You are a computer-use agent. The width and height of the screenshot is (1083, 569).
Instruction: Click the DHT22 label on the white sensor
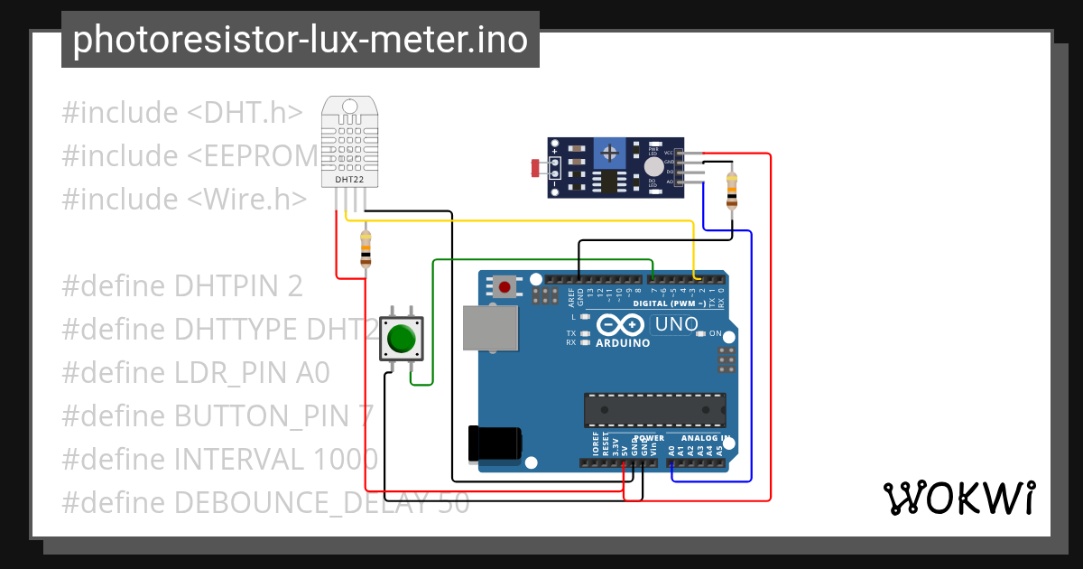(349, 180)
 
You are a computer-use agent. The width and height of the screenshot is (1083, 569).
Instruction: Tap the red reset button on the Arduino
(504, 288)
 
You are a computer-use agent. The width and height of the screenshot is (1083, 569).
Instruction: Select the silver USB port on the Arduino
(490, 327)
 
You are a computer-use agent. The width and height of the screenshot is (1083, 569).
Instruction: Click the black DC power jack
(494, 443)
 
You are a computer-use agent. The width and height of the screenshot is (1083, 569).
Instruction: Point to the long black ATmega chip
(654, 409)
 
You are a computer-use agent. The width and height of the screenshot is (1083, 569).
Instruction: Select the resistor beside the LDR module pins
(731, 190)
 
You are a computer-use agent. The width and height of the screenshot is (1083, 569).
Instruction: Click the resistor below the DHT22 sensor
(366, 248)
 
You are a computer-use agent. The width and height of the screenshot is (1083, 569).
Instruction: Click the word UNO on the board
(676, 324)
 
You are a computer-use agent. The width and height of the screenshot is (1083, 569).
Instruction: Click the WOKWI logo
(958, 498)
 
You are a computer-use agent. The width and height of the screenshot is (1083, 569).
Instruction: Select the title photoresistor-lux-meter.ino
(300, 40)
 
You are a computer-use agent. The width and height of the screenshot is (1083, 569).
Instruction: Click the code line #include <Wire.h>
(184, 199)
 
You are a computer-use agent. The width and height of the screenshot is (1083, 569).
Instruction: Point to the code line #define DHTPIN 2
(181, 285)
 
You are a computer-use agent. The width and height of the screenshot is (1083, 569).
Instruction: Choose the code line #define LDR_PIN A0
(196, 372)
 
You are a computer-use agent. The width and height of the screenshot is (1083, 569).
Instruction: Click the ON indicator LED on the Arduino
(701, 334)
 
